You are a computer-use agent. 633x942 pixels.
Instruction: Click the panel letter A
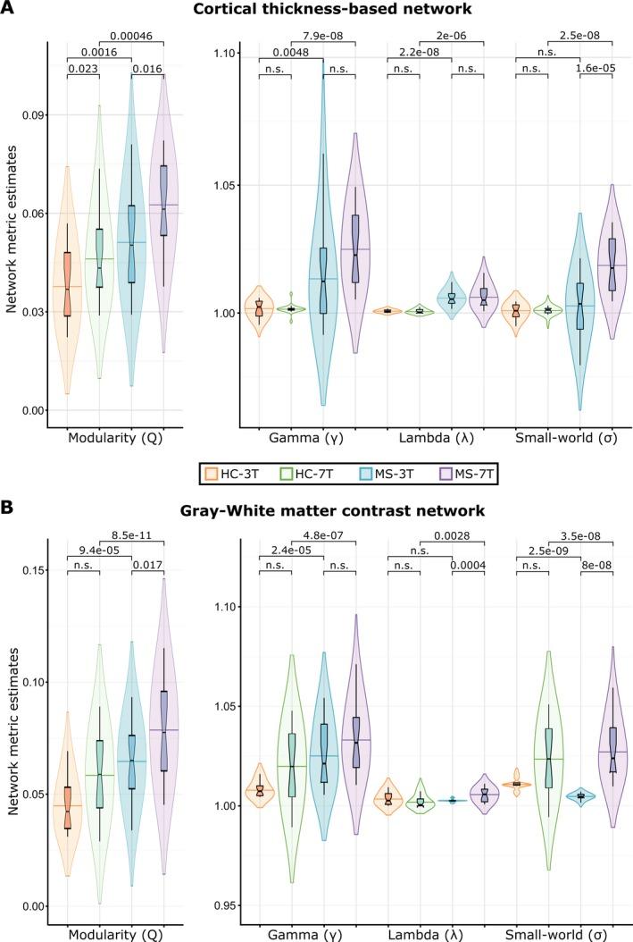click(x=8, y=10)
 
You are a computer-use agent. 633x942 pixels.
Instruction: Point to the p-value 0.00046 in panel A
click(x=131, y=36)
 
